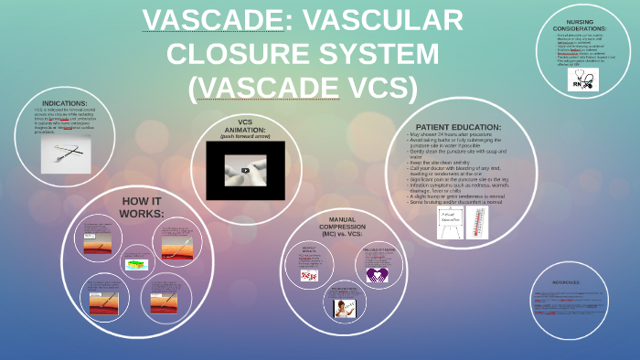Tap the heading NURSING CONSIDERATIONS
coord(586,25)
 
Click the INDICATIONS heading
coord(65,103)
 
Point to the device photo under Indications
coord(66,154)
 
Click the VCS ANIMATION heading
coord(244,125)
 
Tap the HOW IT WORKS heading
coord(142,206)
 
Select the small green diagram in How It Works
coord(136,264)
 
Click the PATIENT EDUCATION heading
coord(458,127)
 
